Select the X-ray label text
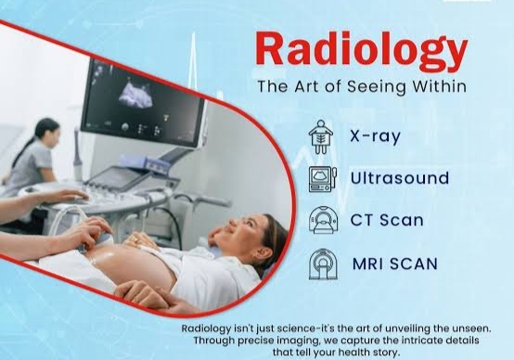(376, 136)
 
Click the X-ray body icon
(321, 136)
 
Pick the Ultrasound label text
(400, 178)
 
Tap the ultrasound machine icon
(323, 179)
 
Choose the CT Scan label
(387, 220)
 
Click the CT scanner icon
(323, 220)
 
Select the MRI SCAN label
(395, 264)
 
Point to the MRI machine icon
(323, 264)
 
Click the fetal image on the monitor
(136, 94)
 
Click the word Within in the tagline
(439, 86)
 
